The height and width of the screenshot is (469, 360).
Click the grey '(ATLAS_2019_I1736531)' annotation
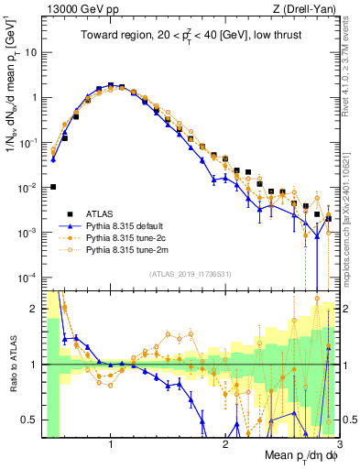point(191,273)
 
